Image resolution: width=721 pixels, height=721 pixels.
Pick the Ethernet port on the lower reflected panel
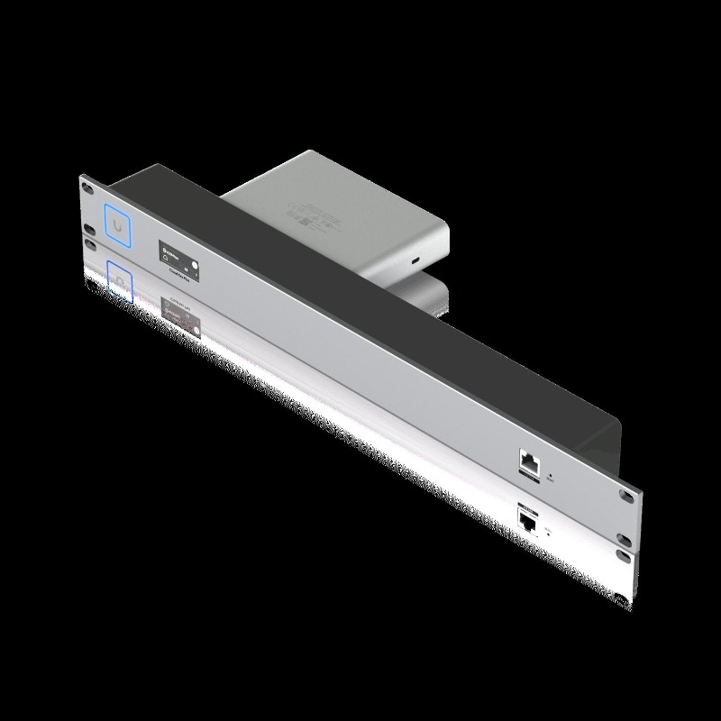(528, 520)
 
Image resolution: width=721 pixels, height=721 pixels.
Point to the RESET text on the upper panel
(552, 480)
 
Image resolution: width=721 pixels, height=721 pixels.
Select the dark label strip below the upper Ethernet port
(528, 482)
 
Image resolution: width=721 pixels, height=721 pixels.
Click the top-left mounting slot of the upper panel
(87, 187)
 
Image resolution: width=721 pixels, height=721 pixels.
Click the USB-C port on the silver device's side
(414, 260)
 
